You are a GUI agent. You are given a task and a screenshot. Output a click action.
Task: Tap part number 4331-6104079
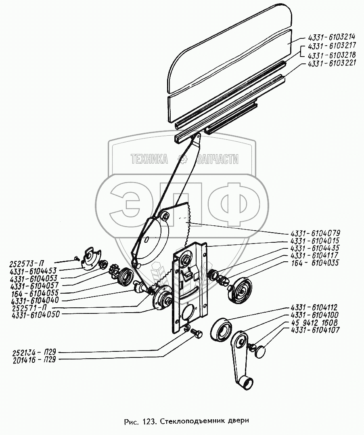(315, 233)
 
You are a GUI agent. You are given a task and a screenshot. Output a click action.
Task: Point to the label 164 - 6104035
(315, 263)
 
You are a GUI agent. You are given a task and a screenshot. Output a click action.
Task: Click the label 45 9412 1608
(315, 322)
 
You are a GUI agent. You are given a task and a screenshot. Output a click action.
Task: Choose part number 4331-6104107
(315, 330)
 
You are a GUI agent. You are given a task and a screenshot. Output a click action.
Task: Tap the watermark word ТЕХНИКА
(149, 160)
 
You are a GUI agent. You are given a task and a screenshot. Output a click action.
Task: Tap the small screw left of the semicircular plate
(76, 257)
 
